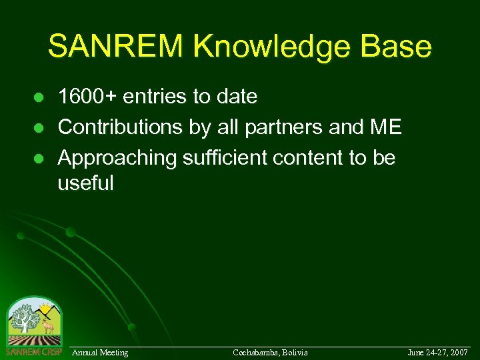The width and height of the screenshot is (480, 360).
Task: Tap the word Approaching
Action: point(117,159)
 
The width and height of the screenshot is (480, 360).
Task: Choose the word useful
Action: point(85,183)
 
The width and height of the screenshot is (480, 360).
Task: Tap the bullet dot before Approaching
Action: point(39,159)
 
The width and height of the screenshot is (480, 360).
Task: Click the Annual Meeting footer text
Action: point(100,352)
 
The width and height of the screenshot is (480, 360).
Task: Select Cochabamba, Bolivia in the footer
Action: point(270,352)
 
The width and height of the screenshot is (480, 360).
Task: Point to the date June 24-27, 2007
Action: point(438,352)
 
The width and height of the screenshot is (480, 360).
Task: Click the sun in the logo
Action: point(45,309)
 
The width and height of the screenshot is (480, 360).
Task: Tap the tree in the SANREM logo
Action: point(24,319)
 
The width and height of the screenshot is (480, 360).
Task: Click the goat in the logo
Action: point(47,327)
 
